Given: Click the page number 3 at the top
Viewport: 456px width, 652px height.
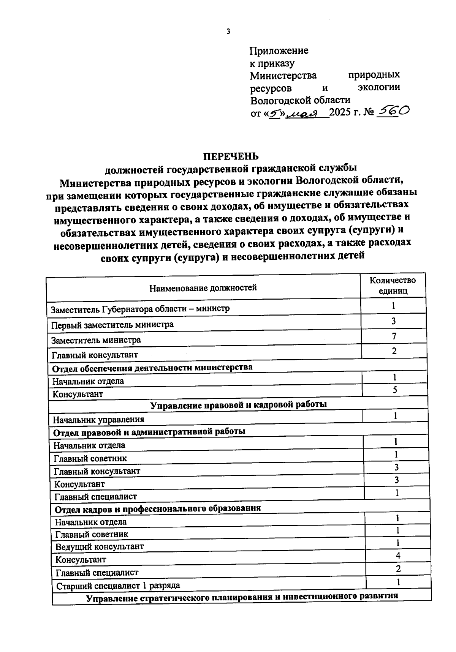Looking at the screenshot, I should [x=228, y=32].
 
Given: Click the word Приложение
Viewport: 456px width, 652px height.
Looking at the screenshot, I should [x=279, y=51].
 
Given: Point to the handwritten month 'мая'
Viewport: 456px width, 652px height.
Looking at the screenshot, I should [x=307, y=113].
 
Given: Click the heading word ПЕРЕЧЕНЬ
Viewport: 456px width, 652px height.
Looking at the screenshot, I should [x=231, y=156].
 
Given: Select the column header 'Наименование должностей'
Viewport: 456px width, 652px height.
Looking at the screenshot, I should [x=203, y=287].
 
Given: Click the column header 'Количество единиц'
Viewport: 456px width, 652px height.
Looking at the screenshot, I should [x=393, y=286].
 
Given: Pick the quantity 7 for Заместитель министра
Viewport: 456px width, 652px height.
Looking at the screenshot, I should [x=394, y=336].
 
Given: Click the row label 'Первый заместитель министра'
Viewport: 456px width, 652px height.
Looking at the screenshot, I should [x=112, y=325].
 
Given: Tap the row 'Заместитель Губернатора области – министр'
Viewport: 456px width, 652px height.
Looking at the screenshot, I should [x=140, y=309].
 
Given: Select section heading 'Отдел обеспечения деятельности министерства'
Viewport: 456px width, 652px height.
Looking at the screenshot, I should [x=152, y=368].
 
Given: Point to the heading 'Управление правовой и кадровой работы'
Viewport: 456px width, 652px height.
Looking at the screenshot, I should [x=239, y=404].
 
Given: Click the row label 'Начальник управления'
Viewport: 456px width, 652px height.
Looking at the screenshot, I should [x=98, y=420].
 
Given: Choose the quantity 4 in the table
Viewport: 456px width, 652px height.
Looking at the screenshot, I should [x=398, y=556].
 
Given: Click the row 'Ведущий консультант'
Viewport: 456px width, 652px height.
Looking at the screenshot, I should [x=100, y=547].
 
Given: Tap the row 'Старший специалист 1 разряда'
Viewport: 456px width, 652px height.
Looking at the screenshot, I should [x=118, y=586].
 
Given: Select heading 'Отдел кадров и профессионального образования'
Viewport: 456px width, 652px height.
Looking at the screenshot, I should [x=158, y=508].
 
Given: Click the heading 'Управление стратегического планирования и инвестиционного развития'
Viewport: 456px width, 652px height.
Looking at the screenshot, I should [x=242, y=597].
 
